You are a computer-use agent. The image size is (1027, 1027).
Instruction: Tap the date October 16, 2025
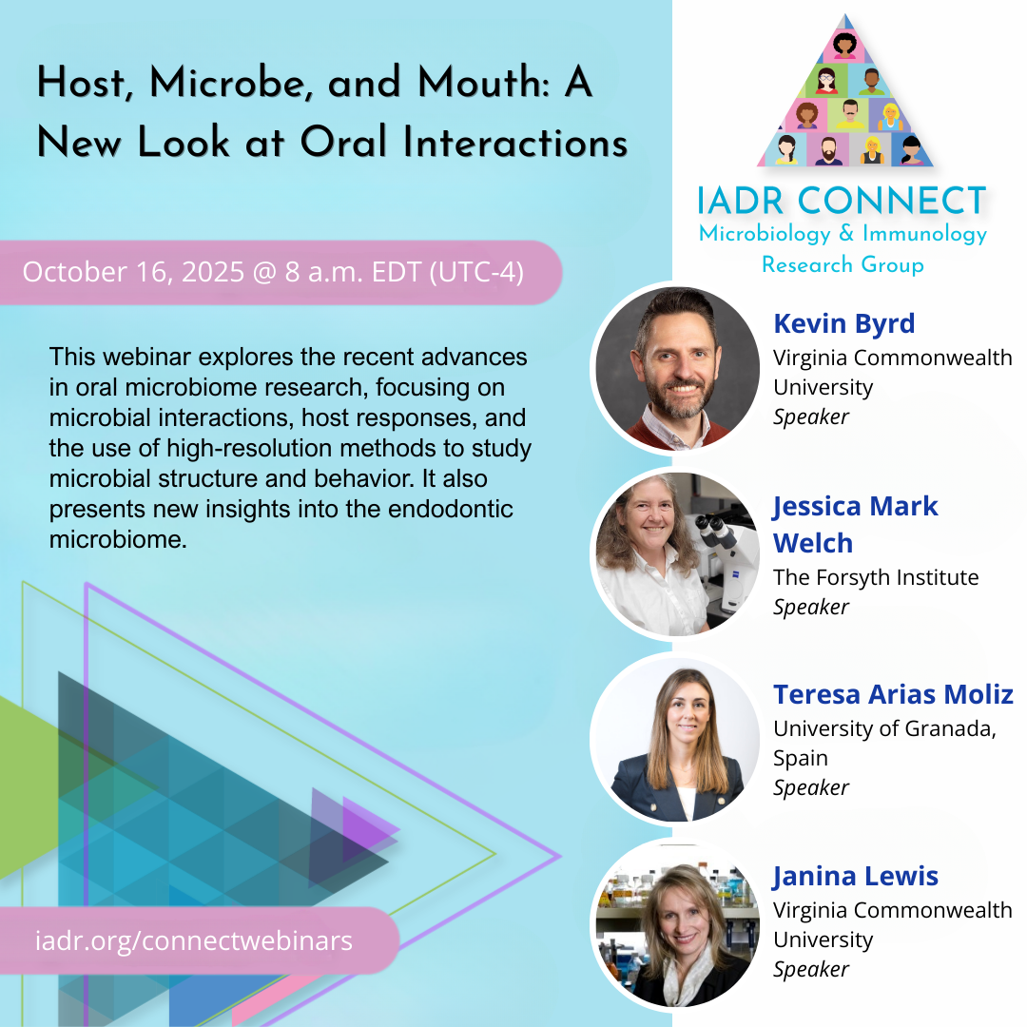[133, 272]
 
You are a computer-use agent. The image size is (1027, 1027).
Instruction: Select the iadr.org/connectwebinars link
[194, 940]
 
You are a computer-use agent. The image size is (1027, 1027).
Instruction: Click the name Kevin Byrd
[843, 323]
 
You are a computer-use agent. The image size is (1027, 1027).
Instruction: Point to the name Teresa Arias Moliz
[893, 694]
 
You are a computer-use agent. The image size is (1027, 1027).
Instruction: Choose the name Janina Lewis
[856, 877]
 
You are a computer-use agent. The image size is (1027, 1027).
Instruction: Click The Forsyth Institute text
[876, 577]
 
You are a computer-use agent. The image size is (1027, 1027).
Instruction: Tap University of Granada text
[884, 728]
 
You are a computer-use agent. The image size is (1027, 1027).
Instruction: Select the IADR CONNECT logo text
[842, 201]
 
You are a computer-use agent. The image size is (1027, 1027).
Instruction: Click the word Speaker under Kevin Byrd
[811, 417]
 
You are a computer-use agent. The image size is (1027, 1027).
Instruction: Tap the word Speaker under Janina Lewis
[811, 969]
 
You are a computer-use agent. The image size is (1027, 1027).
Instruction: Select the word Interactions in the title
[515, 142]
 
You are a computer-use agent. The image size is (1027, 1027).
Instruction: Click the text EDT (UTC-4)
[448, 273]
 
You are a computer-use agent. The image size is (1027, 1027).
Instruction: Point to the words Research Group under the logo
[843, 264]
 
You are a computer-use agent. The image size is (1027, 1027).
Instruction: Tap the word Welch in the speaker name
[813, 543]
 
